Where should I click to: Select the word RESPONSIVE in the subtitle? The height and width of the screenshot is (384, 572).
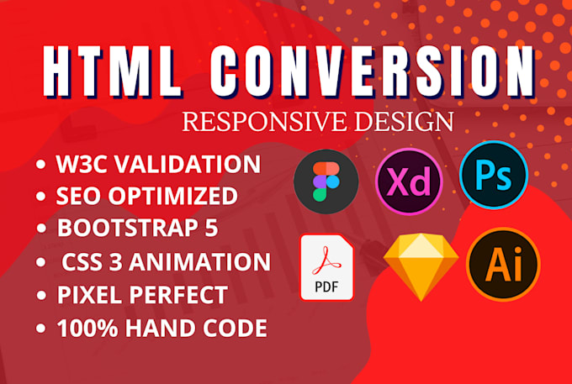254,120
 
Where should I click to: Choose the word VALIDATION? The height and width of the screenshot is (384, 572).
188,164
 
